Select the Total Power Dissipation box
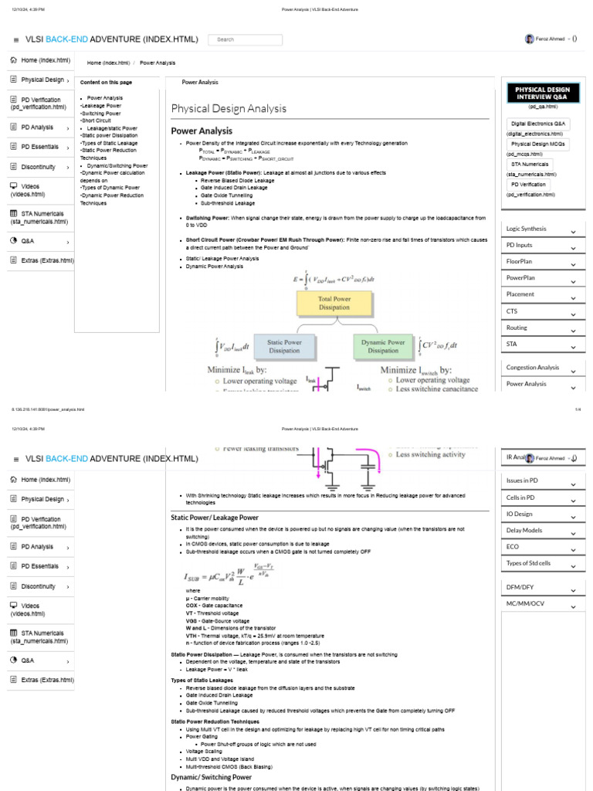335,304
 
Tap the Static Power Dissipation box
284,346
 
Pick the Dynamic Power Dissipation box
383,346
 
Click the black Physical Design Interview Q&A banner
541,93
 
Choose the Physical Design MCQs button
539,144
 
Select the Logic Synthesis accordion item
541,229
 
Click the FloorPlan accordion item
541,262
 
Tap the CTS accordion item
541,311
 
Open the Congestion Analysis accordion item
541,368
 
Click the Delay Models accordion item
541,531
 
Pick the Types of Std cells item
541,563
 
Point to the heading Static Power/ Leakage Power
214,517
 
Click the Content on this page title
106,83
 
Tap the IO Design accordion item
541,514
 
